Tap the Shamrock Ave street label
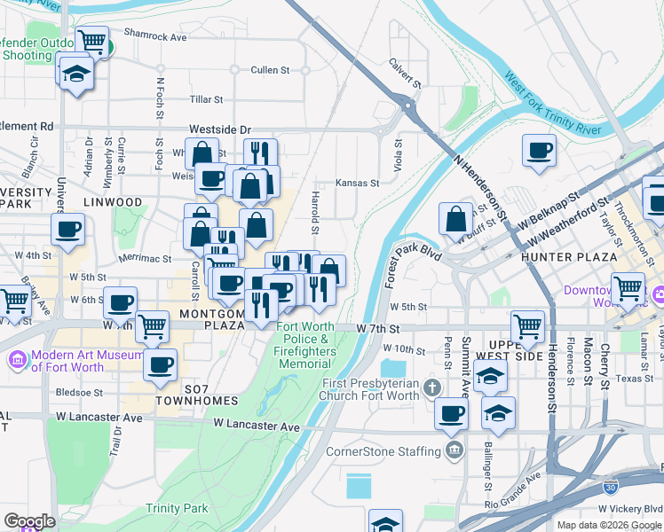tap(155, 37)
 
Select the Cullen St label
tap(270, 69)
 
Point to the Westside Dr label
tap(220, 129)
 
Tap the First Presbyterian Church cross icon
tap(431, 387)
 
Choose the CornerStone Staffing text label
tap(383, 451)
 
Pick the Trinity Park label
tap(177, 508)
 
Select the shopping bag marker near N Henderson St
tap(455, 219)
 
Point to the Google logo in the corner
tap(29, 521)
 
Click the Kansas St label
tap(358, 184)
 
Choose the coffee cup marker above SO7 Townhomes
tap(160, 365)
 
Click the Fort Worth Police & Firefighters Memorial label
tap(305, 345)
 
